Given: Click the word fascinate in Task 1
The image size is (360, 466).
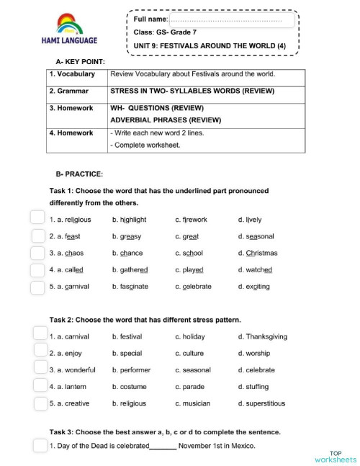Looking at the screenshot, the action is (130, 287).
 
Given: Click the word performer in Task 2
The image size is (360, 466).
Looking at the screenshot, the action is (131, 370).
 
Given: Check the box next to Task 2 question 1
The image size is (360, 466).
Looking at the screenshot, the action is (40, 334).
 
